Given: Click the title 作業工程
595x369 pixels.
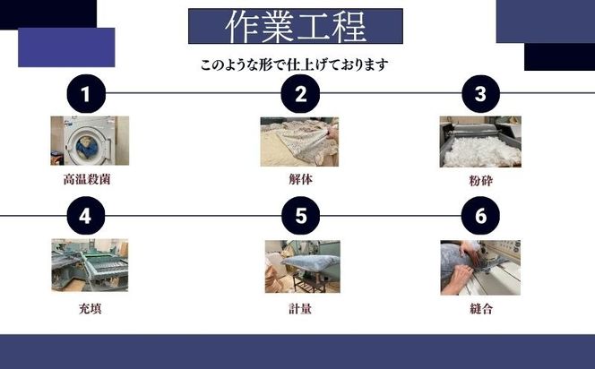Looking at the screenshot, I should coord(295,27).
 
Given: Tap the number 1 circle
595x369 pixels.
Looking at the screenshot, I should coord(87,93).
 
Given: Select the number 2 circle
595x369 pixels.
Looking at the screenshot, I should coord(301,93).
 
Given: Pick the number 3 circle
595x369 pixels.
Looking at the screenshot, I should coord(480,93).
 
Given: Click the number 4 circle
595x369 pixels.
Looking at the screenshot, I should coord(87,216).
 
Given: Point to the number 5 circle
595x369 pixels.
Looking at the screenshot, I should coord(301,216).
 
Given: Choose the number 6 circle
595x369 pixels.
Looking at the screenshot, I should coord(480,216).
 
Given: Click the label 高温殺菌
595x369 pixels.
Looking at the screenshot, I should coord(87,179).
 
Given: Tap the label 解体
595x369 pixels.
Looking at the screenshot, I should coord(300,179).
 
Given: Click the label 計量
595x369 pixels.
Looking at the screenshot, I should coord(300,309).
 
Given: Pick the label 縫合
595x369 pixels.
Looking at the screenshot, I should coord(480,309).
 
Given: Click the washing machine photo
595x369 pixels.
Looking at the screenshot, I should coord(89,141).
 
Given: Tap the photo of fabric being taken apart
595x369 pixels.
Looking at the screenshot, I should coord(299,141).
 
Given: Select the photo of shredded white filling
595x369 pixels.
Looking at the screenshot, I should coord(479,142).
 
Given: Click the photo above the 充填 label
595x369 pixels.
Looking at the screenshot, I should coord(89,265).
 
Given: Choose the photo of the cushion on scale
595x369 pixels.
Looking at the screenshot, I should coord(302,266).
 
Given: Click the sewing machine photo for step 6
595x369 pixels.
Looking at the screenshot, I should coord(479,266).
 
